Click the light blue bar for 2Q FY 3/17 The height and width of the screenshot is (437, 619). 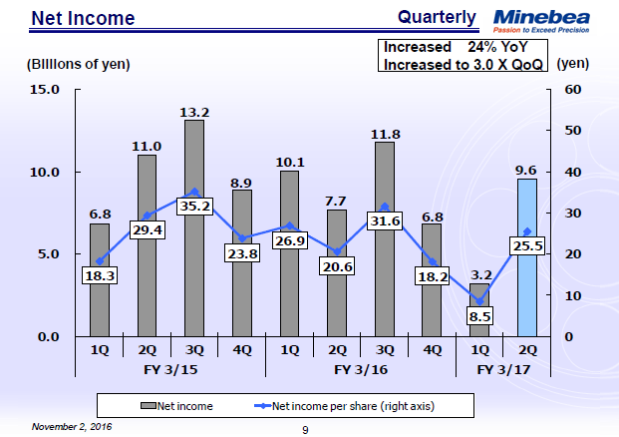tap(527, 289)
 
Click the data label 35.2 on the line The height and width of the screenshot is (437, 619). tap(194, 208)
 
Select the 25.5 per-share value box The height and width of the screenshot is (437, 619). tap(527, 244)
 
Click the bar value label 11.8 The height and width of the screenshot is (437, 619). tap(385, 133)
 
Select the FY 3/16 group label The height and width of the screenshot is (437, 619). tap(361, 368)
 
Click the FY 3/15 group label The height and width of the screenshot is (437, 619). tap(170, 368)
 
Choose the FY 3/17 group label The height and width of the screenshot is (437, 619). tap(503, 368)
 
